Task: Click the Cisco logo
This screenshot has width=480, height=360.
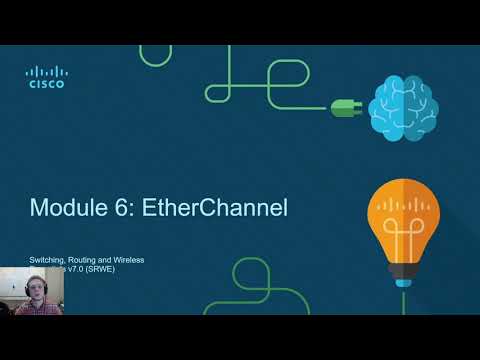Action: pos(46,77)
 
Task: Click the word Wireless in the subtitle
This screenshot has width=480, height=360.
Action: pos(130,260)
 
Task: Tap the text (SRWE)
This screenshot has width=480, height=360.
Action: pos(128,271)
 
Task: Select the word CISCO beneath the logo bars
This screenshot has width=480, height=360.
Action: pos(46,86)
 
